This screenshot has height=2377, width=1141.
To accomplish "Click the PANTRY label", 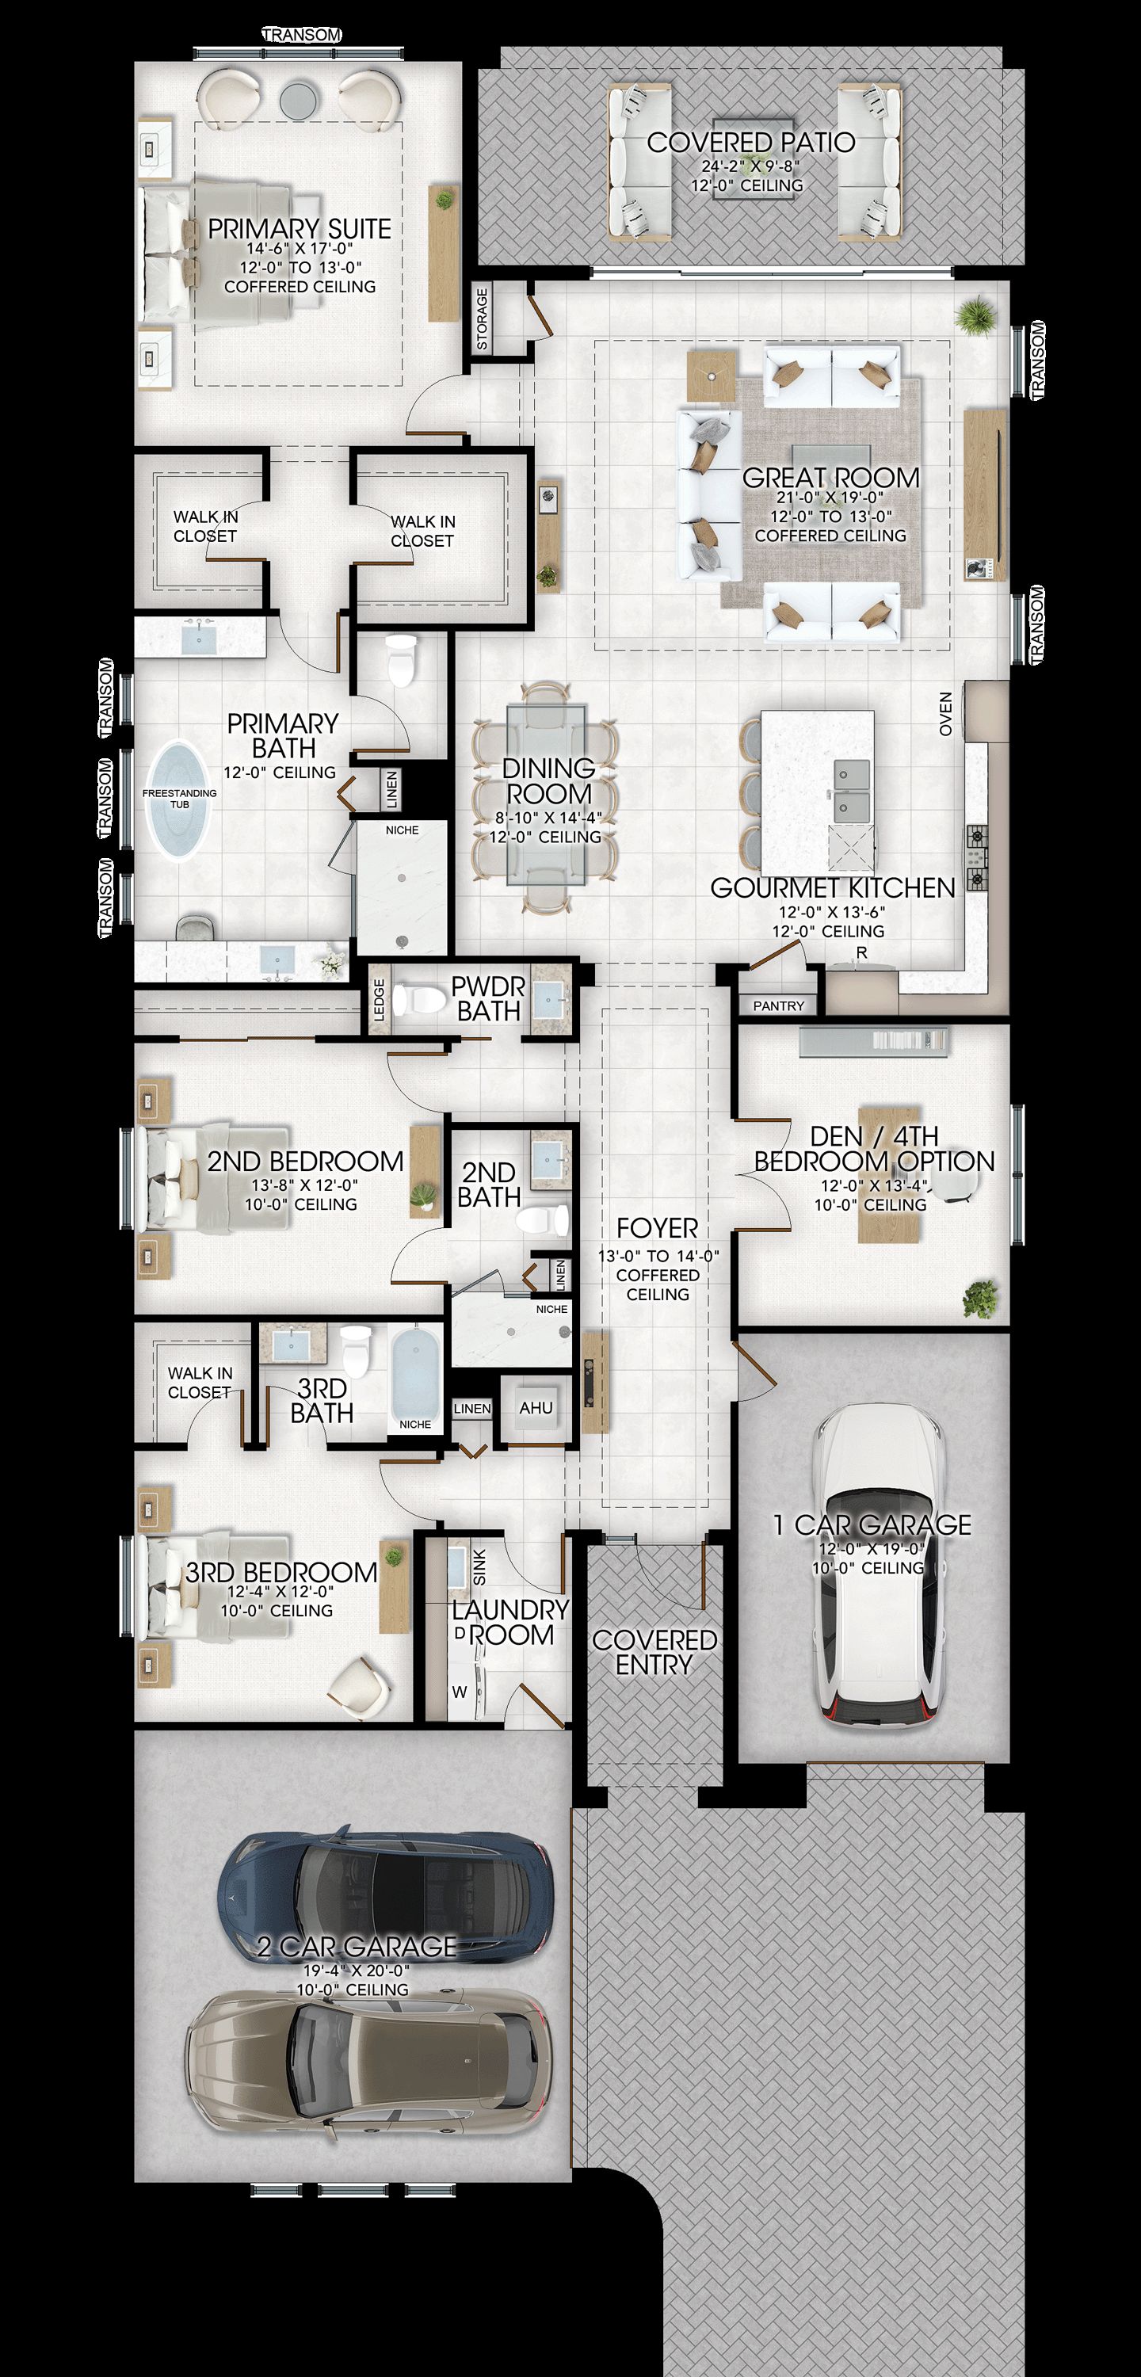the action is pyautogui.click(x=778, y=1005).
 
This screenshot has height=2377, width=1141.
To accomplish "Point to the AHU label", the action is pyautogui.click(x=536, y=1408).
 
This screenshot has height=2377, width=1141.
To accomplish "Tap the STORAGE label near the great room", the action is pyautogui.click(x=481, y=319).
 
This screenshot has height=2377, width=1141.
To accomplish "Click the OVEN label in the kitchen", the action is pyautogui.click(x=945, y=714).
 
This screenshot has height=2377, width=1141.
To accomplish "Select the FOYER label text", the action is pyautogui.click(x=658, y=1228).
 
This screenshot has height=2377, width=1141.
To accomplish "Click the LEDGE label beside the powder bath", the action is pyautogui.click(x=379, y=999).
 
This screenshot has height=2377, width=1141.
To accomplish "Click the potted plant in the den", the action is pyautogui.click(x=979, y=1300).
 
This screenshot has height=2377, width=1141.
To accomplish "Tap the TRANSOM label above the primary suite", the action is pyautogui.click(x=302, y=35).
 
